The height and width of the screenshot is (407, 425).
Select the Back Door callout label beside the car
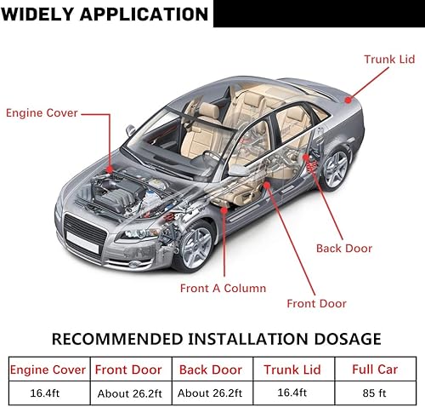pos(343,249)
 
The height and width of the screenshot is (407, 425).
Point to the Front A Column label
pos(223,288)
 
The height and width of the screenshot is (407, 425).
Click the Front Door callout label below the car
pos(315,304)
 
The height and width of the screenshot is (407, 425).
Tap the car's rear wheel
pos(335,168)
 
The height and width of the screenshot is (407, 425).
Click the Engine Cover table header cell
pos(48,370)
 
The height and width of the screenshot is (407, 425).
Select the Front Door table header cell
pos(128,370)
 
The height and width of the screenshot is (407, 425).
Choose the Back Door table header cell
pos(212,370)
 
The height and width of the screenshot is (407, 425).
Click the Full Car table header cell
pos(375,370)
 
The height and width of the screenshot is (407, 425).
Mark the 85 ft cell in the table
pos(375,393)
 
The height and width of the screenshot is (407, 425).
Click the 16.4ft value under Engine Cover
pos(48,393)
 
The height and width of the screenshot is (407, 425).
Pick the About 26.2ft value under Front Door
pos(128,393)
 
